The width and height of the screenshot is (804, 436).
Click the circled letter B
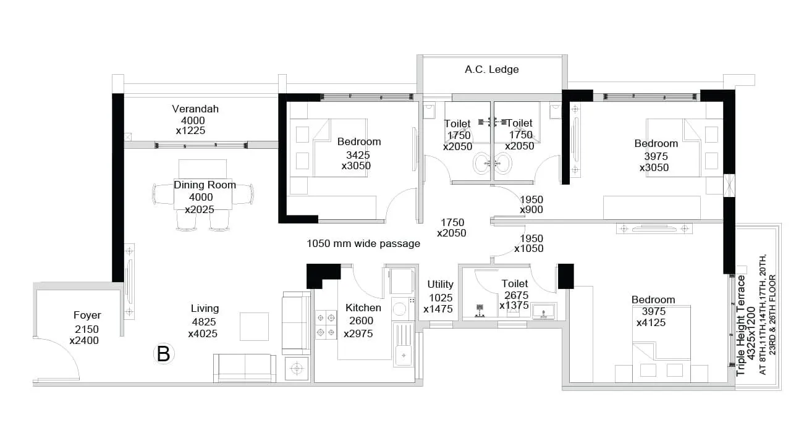[x=164, y=354]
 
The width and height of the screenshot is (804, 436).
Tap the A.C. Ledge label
[x=491, y=70]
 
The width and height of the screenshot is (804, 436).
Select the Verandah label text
[x=195, y=109]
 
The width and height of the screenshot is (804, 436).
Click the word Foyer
[x=87, y=316]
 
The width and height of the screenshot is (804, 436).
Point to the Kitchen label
[x=363, y=308]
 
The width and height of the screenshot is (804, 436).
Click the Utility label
[x=440, y=285]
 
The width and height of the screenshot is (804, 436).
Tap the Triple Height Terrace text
[x=741, y=325]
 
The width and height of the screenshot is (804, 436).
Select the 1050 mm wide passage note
[x=363, y=244]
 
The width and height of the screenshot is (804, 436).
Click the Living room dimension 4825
[x=204, y=322]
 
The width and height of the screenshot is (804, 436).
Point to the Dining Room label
[x=205, y=185]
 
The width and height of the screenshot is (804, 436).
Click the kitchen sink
[x=404, y=354]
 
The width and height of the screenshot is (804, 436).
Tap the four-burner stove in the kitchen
[x=326, y=325]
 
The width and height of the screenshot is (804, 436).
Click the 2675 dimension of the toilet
[x=516, y=295]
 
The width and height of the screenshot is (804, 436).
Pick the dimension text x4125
[x=651, y=322]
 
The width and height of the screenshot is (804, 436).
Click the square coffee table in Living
[x=254, y=326]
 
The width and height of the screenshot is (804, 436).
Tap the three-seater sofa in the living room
[x=245, y=367]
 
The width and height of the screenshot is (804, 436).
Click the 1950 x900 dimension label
[x=531, y=204]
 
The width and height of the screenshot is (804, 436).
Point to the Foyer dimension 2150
[x=87, y=329]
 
